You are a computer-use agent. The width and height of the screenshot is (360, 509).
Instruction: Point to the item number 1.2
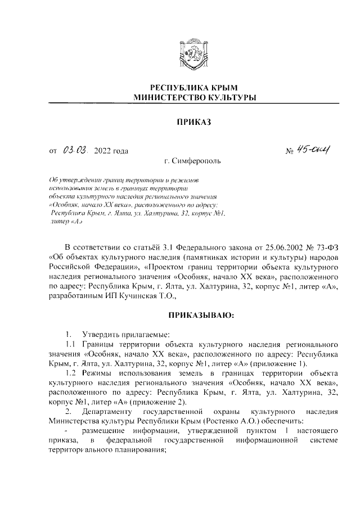coord(71,373)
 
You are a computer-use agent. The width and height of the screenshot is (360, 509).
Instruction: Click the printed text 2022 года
coord(112,150)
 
